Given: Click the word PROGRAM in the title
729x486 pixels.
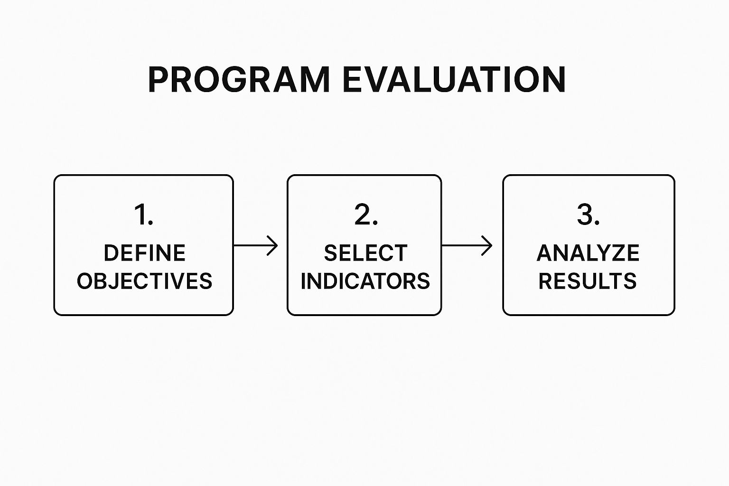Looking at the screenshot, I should click(x=239, y=79).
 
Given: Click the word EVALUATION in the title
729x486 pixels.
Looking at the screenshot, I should click(x=453, y=79).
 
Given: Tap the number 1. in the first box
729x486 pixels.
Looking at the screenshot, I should click(x=144, y=215).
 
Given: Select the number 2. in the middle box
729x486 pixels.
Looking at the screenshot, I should click(x=366, y=215).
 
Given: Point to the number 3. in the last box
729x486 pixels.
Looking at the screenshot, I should click(x=588, y=215).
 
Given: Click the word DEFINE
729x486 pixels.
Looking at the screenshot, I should click(x=144, y=253).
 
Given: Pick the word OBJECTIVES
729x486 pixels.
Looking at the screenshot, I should click(x=144, y=281).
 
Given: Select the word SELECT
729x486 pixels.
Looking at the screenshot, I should click(x=365, y=253).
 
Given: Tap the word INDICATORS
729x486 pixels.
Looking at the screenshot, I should click(x=365, y=281).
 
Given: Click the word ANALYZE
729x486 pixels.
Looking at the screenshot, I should click(x=588, y=253).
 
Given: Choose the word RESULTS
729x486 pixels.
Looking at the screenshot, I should click(x=588, y=281).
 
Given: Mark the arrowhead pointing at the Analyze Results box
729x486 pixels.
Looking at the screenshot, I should click(x=488, y=245).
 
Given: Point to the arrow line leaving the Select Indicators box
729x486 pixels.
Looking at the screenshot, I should click(x=463, y=245).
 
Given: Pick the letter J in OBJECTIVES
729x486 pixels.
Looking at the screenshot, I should click(x=117, y=281).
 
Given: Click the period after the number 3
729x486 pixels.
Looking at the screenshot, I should click(x=597, y=223).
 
